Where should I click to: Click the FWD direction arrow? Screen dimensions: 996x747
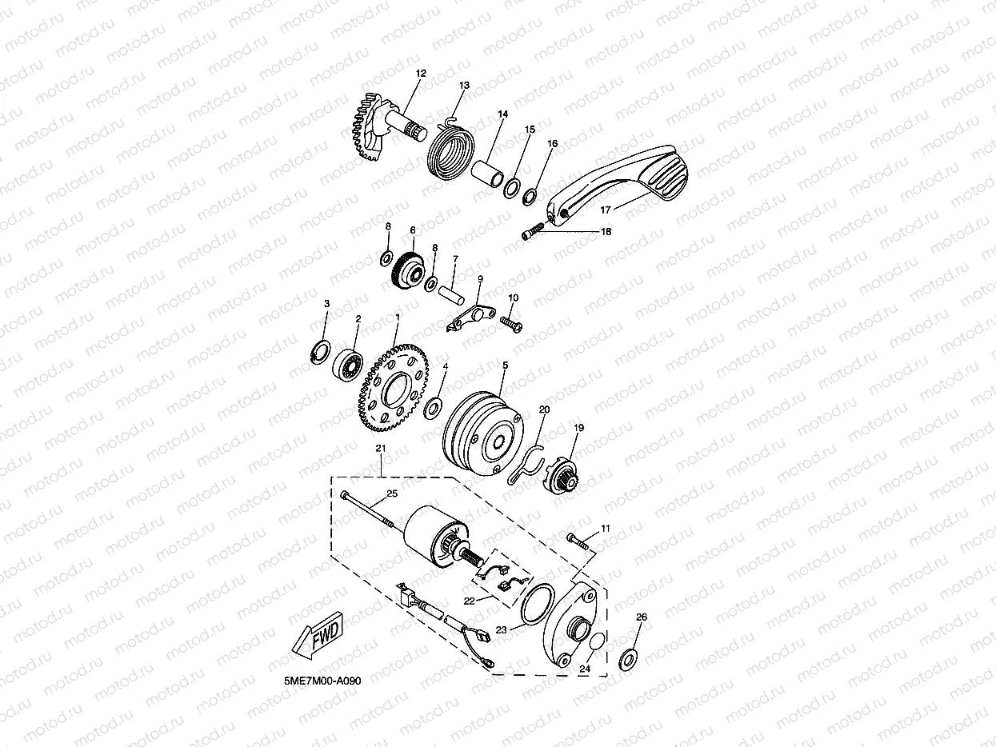(318, 635)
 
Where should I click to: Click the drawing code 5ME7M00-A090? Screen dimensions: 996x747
(322, 681)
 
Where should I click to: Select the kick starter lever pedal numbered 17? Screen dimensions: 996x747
(617, 185)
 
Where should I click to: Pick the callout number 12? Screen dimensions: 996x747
(421, 73)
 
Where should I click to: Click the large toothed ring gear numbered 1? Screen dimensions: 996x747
(394, 388)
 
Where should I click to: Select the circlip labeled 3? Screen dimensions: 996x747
(321, 351)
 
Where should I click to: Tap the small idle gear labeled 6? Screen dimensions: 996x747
(407, 271)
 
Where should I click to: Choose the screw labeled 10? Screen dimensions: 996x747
(511, 324)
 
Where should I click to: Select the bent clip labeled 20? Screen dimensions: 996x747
(526, 464)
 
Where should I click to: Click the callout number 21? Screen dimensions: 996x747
(380, 449)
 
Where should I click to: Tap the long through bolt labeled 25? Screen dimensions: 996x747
(367, 509)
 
